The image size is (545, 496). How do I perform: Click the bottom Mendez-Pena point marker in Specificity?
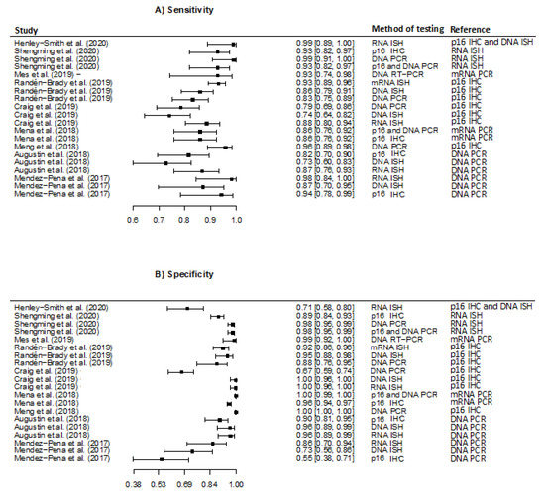point(161,459)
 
